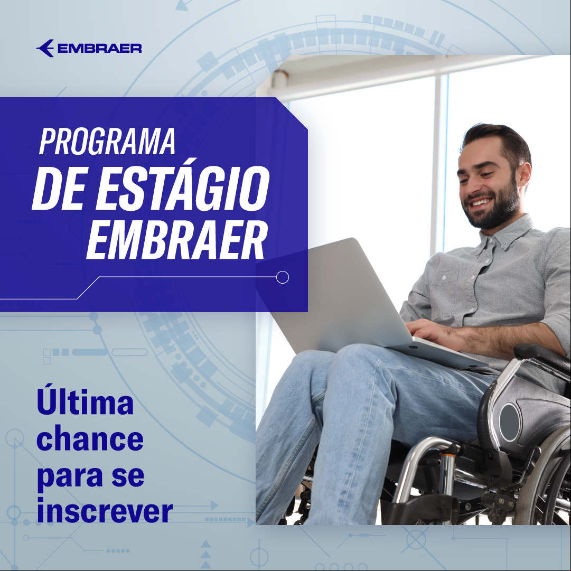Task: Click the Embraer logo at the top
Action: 89,48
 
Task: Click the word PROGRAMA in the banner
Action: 107,141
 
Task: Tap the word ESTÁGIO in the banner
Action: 182,188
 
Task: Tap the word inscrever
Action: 105,511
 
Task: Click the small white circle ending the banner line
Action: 283,277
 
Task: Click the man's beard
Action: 495,208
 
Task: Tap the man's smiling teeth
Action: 481,202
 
